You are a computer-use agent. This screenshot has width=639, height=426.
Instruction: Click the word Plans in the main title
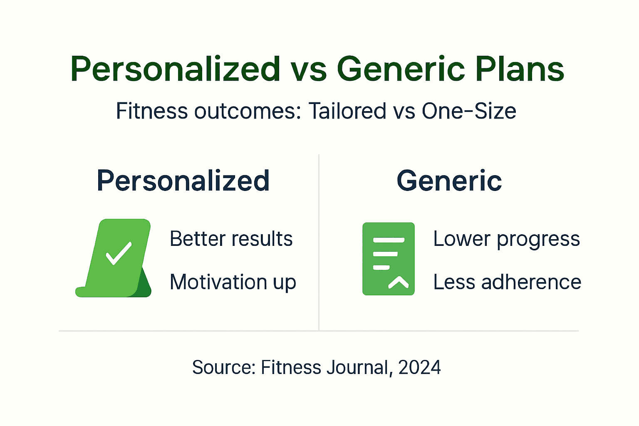pyautogui.click(x=520, y=69)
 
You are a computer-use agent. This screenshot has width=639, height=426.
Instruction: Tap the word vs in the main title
pyautogui.click(x=308, y=69)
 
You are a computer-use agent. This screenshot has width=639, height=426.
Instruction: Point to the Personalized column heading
pyautogui.click(x=183, y=181)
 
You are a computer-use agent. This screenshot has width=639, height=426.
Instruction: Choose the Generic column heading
pyautogui.click(x=449, y=181)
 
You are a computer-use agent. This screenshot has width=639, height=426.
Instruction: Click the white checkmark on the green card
pyautogui.click(x=119, y=253)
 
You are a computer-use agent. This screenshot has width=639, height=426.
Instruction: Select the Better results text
pyautogui.click(x=231, y=239)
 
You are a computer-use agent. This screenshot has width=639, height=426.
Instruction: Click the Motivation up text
pyautogui.click(x=233, y=282)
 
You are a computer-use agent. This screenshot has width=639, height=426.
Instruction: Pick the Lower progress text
pyautogui.click(x=506, y=239)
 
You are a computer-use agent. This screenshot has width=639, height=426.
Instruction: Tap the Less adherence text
pyautogui.click(x=507, y=282)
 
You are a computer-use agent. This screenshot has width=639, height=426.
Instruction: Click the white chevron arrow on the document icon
pyautogui.click(x=398, y=282)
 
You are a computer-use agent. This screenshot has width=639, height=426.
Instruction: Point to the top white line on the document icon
pyautogui.click(x=389, y=240)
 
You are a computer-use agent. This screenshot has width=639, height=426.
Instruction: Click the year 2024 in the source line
pyautogui.click(x=419, y=367)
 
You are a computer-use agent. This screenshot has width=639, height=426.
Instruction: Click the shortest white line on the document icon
pyautogui.click(x=381, y=267)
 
